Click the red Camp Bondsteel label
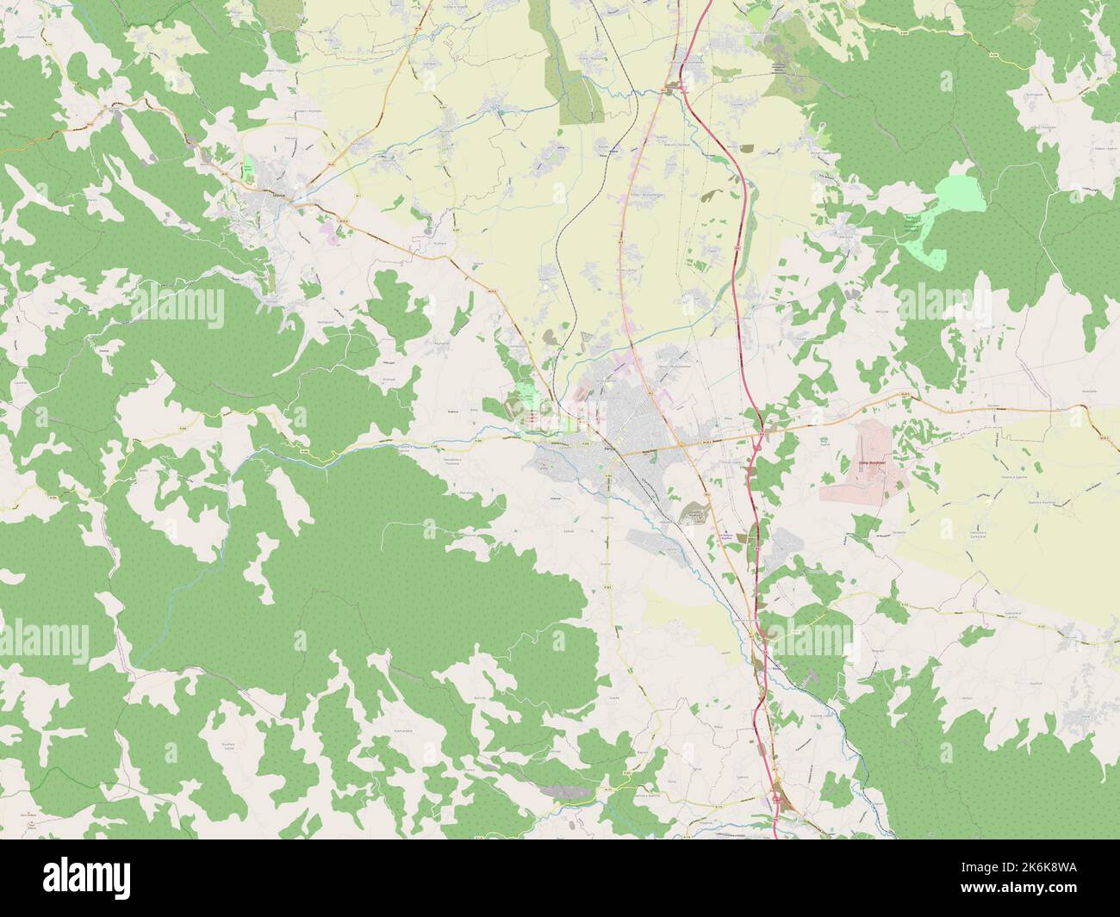click(872, 462)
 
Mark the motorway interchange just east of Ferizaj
click(757, 441)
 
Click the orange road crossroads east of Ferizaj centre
click(680, 444)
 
